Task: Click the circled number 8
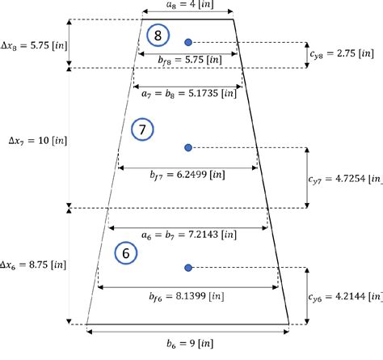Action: (158, 36)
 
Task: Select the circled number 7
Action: (141, 129)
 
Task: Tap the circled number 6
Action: (125, 252)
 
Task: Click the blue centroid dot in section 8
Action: (188, 41)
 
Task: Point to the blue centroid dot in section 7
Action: (188, 147)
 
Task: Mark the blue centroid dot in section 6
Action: (188, 267)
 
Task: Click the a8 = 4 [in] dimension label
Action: (186, 6)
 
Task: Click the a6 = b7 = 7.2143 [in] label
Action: (187, 235)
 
